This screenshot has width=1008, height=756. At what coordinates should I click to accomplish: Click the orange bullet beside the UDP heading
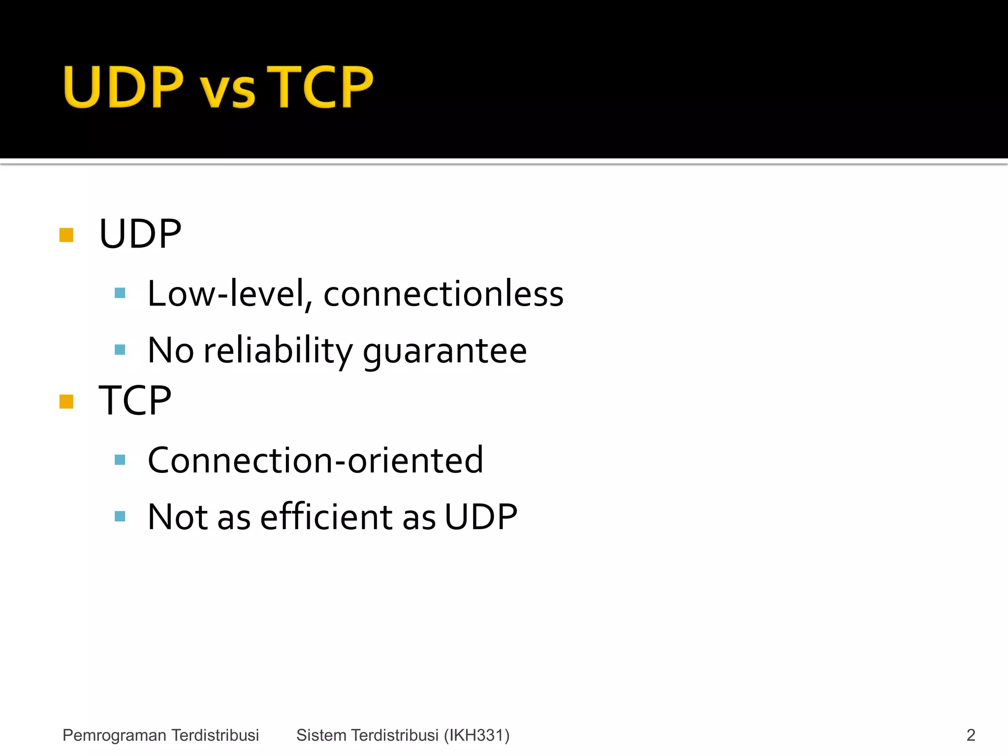[66, 235]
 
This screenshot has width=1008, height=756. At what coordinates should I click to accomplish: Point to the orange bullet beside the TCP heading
[66, 402]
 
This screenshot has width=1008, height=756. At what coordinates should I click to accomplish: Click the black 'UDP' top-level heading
[140, 234]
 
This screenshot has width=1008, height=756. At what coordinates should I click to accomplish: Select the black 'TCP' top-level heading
[135, 401]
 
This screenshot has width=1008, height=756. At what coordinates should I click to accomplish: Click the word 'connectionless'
[443, 294]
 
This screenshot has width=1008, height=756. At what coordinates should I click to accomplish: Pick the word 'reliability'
[278, 351]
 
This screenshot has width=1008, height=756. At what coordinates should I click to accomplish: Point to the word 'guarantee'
[445, 351]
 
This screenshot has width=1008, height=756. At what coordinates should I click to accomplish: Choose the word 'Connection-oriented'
[315, 460]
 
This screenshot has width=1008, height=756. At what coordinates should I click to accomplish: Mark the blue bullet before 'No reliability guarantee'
[120, 350]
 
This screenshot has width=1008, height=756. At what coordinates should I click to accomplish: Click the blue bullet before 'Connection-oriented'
[120, 460]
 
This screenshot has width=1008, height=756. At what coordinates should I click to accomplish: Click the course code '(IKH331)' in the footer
[477, 735]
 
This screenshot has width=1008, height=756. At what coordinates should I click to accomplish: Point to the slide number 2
[971, 735]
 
